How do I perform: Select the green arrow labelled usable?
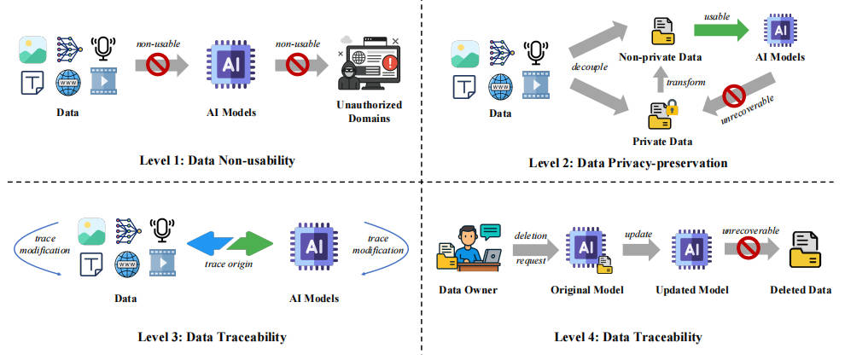click(x=720, y=29)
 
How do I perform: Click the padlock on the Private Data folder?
click(x=672, y=108)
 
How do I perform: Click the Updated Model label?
click(x=692, y=290)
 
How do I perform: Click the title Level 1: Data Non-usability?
click(x=218, y=160)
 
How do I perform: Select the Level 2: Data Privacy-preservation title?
click(x=628, y=162)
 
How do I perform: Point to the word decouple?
click(x=590, y=68)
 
